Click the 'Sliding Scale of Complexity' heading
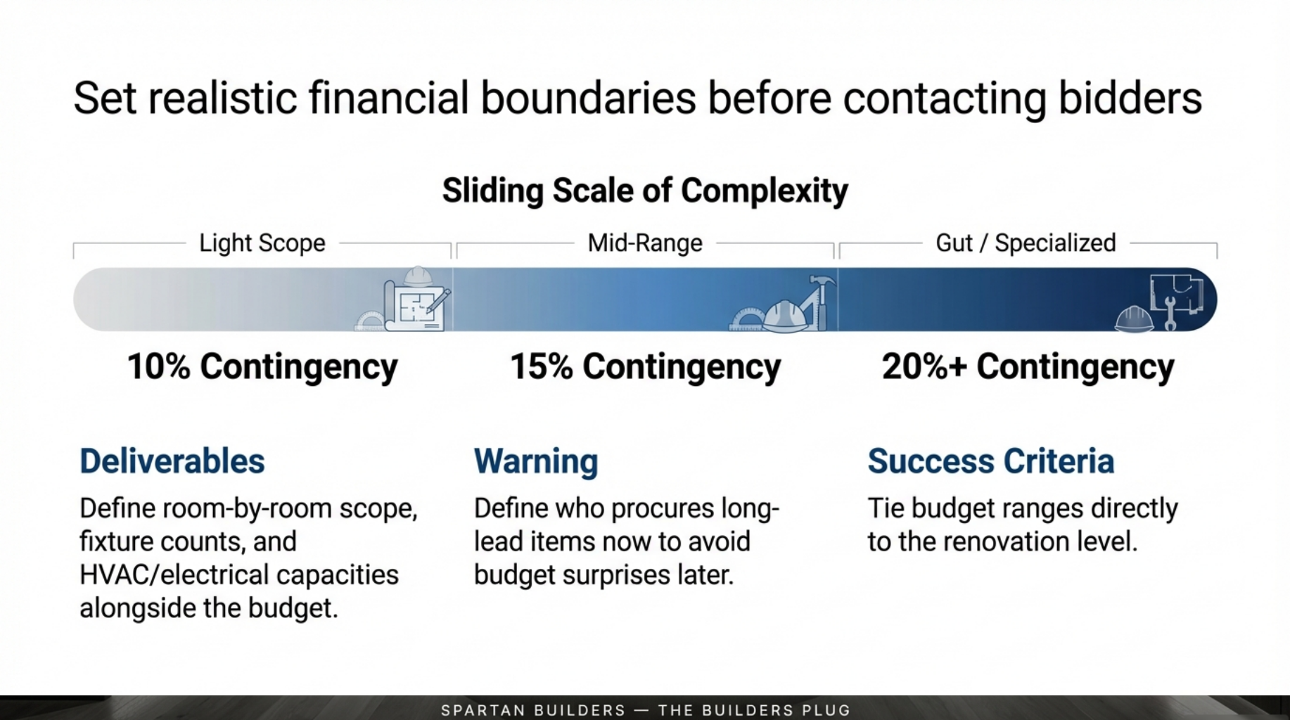645,191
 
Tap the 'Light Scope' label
262,243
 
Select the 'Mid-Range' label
645,243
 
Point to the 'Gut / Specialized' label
1026,243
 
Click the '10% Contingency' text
262,367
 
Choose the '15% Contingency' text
645,367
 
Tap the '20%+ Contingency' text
1028,367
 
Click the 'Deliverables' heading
172,461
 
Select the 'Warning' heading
536,462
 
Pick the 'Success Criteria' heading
991,461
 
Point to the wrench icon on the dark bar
1170,314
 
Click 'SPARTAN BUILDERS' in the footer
533,710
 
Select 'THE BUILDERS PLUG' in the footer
754,710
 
